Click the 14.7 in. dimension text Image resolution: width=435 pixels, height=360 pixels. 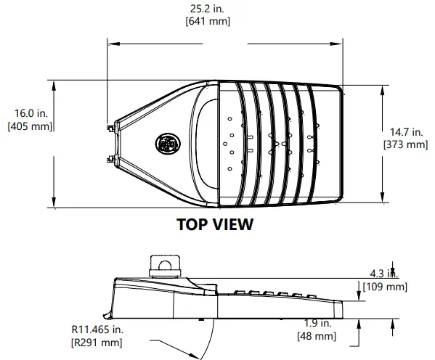click(405, 132)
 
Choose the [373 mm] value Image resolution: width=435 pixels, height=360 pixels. click(405, 145)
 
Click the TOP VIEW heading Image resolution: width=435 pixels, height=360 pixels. click(215, 224)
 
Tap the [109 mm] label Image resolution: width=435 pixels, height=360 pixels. click(386, 287)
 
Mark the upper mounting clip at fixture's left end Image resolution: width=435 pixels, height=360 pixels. click(113, 128)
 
